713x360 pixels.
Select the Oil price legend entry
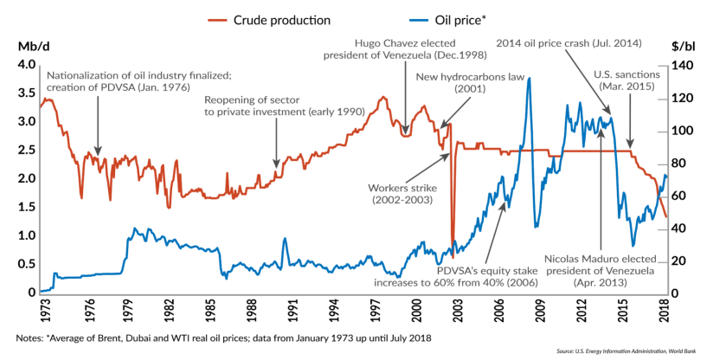(x=417, y=16)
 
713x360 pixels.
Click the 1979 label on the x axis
(x=127, y=305)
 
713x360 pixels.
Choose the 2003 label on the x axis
(x=458, y=305)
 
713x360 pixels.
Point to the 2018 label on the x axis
(x=665, y=305)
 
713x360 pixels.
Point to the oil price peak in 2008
(x=529, y=80)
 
